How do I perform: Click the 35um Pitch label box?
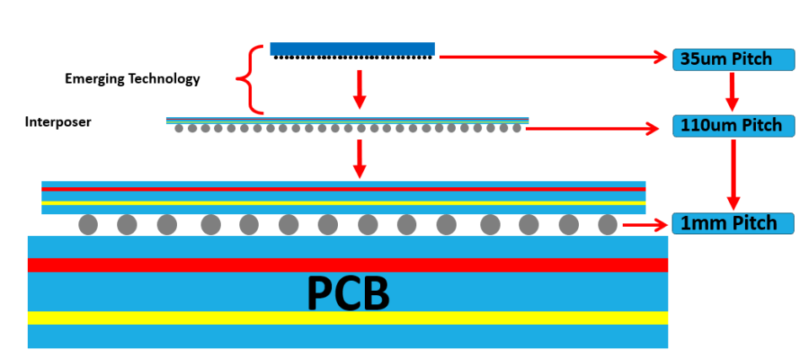(733, 60)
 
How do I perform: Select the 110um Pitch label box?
(733, 126)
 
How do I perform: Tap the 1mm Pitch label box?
(732, 223)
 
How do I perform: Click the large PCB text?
(348, 293)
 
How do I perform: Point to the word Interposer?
(58, 122)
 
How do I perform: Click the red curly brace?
(251, 79)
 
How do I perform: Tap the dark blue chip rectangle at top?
(352, 49)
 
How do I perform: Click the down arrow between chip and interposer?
(360, 89)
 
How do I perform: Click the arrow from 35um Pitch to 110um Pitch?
(732, 92)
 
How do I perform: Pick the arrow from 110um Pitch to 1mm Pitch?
(733, 175)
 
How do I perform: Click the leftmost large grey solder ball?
(88, 225)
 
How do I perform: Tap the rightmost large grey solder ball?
(608, 225)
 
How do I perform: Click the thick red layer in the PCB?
(348, 265)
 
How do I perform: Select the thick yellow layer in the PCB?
(348, 318)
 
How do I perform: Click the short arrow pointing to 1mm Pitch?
(646, 225)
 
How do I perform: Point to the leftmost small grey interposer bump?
(179, 128)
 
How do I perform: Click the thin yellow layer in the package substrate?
(344, 203)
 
